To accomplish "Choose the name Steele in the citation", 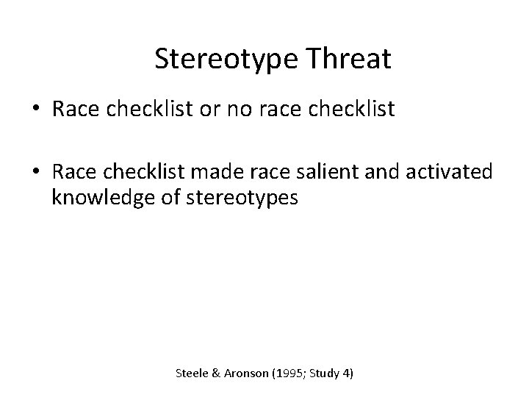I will click(192, 374).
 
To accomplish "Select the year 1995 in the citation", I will click(287, 374).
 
